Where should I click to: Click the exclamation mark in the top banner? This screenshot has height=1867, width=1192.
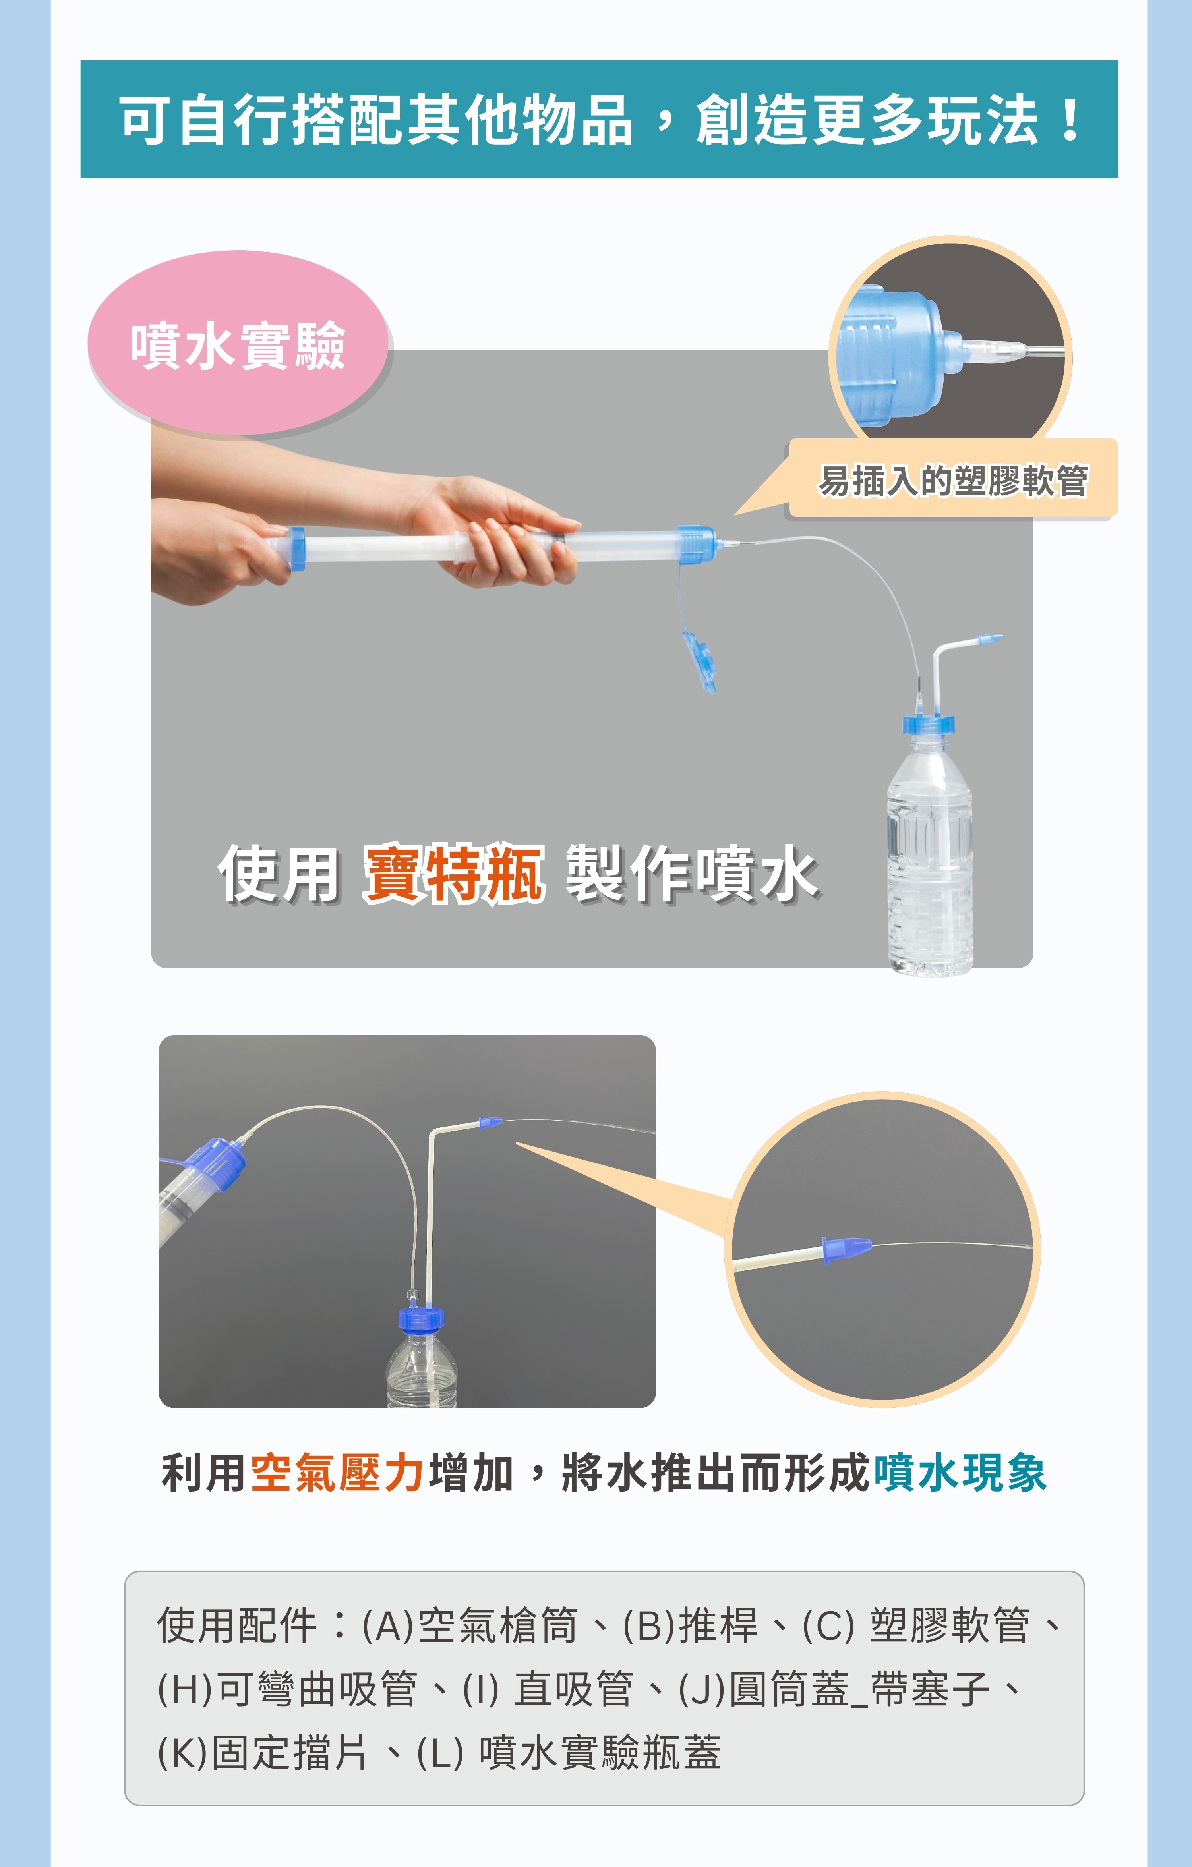[x=1071, y=120]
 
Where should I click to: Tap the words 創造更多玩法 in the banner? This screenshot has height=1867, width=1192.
[x=866, y=120]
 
